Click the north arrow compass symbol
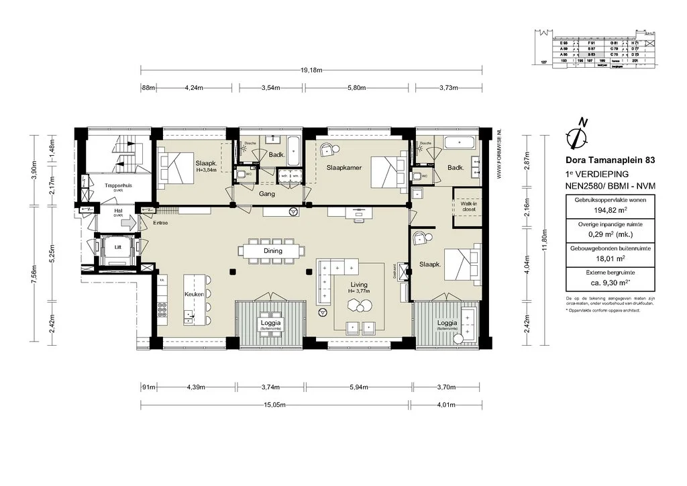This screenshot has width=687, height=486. [578, 134]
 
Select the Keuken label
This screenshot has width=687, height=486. [194, 295]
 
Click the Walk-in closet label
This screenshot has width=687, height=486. [464, 205]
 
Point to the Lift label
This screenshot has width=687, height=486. [119, 247]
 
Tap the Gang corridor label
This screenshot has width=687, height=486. [266, 194]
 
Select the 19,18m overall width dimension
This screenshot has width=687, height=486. [310, 70]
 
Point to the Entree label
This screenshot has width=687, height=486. [160, 224]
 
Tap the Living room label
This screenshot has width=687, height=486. [359, 285]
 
